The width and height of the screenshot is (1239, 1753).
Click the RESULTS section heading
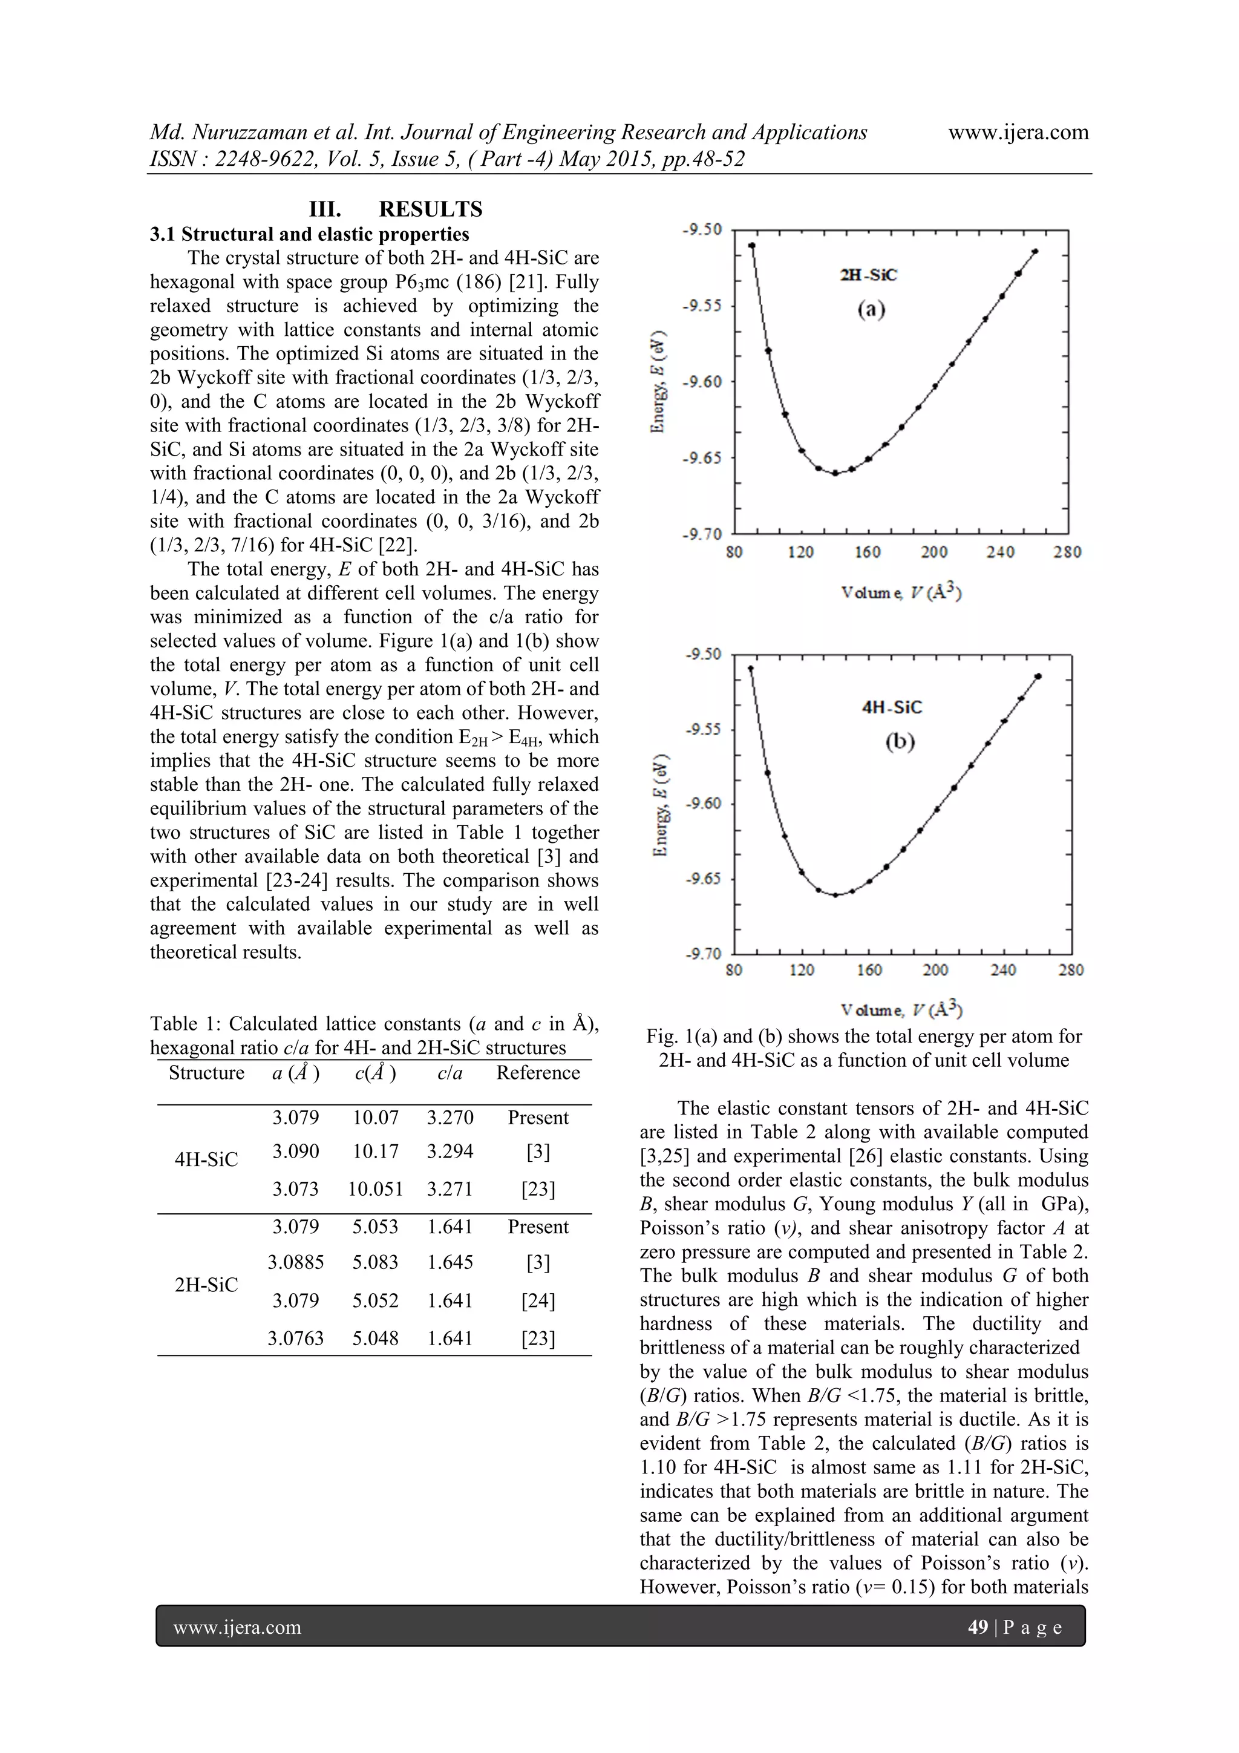431,209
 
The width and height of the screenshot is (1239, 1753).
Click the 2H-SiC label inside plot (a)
868,275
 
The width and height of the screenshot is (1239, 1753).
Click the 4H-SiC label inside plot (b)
892,707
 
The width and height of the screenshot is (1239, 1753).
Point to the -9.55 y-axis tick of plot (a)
701,306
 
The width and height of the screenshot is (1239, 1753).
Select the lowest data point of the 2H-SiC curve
835,473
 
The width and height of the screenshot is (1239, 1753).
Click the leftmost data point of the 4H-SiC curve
750,669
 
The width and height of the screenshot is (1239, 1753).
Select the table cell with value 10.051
375,1189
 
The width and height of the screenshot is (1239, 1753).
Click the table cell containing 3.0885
295,1262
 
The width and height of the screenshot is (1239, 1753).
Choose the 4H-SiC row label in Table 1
206,1159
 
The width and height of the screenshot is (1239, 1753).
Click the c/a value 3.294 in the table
450,1152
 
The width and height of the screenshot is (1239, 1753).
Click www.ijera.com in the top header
1018,132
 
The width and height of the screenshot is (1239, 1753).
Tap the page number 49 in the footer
977,1627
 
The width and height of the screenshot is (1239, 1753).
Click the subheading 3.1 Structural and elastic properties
309,234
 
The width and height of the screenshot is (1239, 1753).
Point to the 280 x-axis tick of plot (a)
1067,552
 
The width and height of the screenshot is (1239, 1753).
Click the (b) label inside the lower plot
900,741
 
